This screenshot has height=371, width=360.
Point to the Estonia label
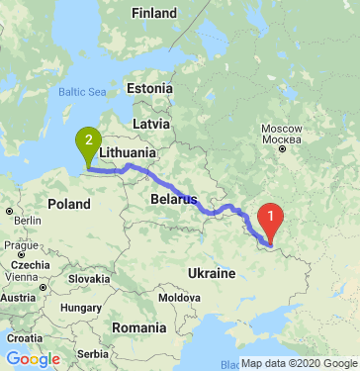tap(150, 88)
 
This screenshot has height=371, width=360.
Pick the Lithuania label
tap(127, 154)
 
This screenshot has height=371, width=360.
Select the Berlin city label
tap(25, 220)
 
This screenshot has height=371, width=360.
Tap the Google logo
tap(33, 357)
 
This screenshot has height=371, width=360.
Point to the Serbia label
tap(93, 353)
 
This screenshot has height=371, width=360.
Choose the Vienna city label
tap(19, 297)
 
